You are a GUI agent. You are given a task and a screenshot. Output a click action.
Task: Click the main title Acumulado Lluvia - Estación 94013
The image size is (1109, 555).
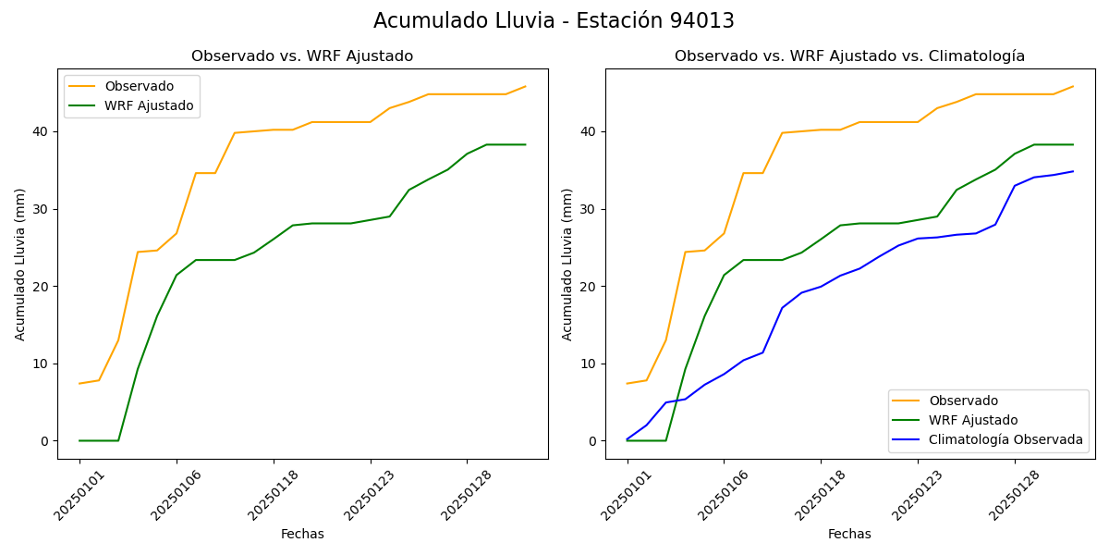pos(554,21)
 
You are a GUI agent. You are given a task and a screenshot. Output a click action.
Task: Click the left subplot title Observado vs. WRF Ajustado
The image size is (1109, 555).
pos(302,56)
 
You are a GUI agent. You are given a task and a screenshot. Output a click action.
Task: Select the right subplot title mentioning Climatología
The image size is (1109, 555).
pos(849,56)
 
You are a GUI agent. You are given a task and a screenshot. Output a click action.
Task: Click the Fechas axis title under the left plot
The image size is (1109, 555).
pos(302,534)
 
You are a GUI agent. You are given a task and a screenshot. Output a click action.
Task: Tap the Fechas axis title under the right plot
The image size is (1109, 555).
pos(849,534)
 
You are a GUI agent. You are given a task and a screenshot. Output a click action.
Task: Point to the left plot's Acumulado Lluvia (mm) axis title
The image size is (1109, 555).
pos(20,264)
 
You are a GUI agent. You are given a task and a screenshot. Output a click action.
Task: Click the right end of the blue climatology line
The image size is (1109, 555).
pos(1073,171)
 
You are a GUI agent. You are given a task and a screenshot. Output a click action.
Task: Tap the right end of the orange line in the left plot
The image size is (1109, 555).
pos(525,87)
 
